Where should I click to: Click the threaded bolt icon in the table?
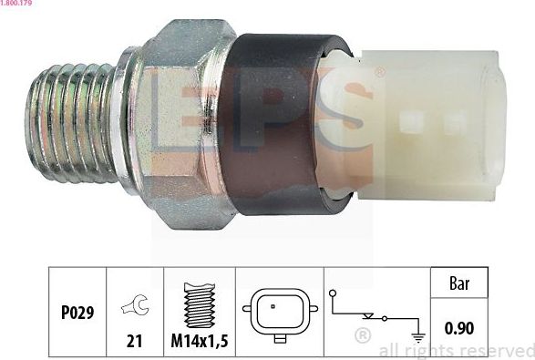click(x=199, y=303)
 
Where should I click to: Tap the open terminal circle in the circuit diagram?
click(x=334, y=293)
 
